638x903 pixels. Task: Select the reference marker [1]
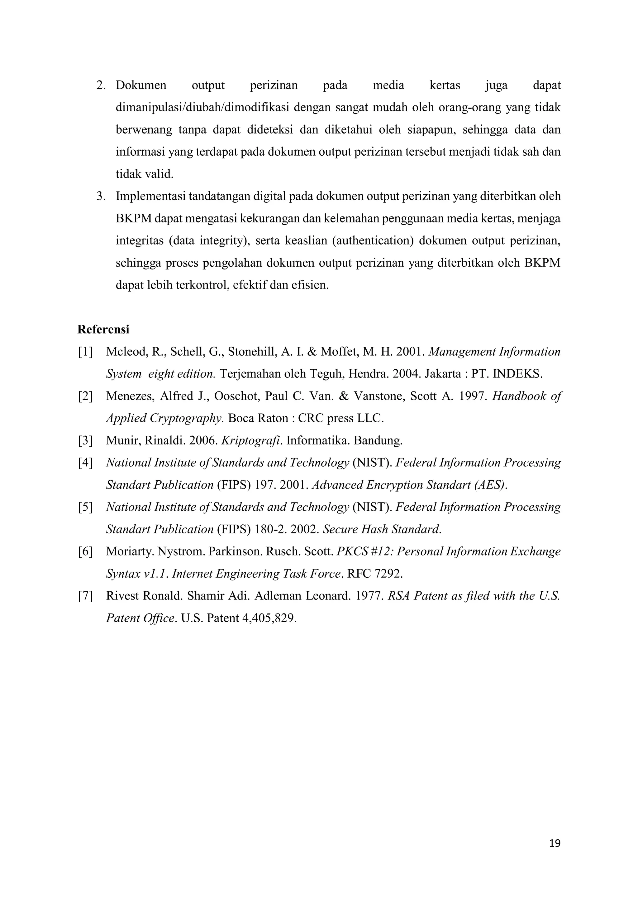point(85,352)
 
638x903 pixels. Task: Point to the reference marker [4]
point(85,463)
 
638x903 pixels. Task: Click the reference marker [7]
point(85,596)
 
